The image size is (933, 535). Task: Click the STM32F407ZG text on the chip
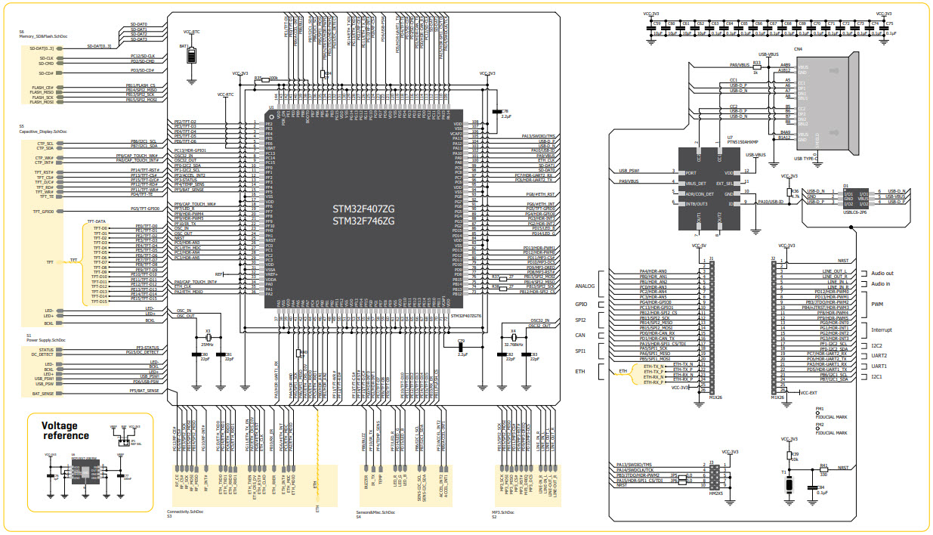(363, 208)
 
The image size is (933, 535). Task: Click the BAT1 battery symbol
(191, 57)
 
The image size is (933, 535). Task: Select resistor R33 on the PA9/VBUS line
(756, 66)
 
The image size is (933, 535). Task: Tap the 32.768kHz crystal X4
(513, 338)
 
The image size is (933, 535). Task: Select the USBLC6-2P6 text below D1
(854, 212)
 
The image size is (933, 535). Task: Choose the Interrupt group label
(882, 329)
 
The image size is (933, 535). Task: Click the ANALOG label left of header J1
(585, 286)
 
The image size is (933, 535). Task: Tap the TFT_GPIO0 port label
(43, 212)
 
